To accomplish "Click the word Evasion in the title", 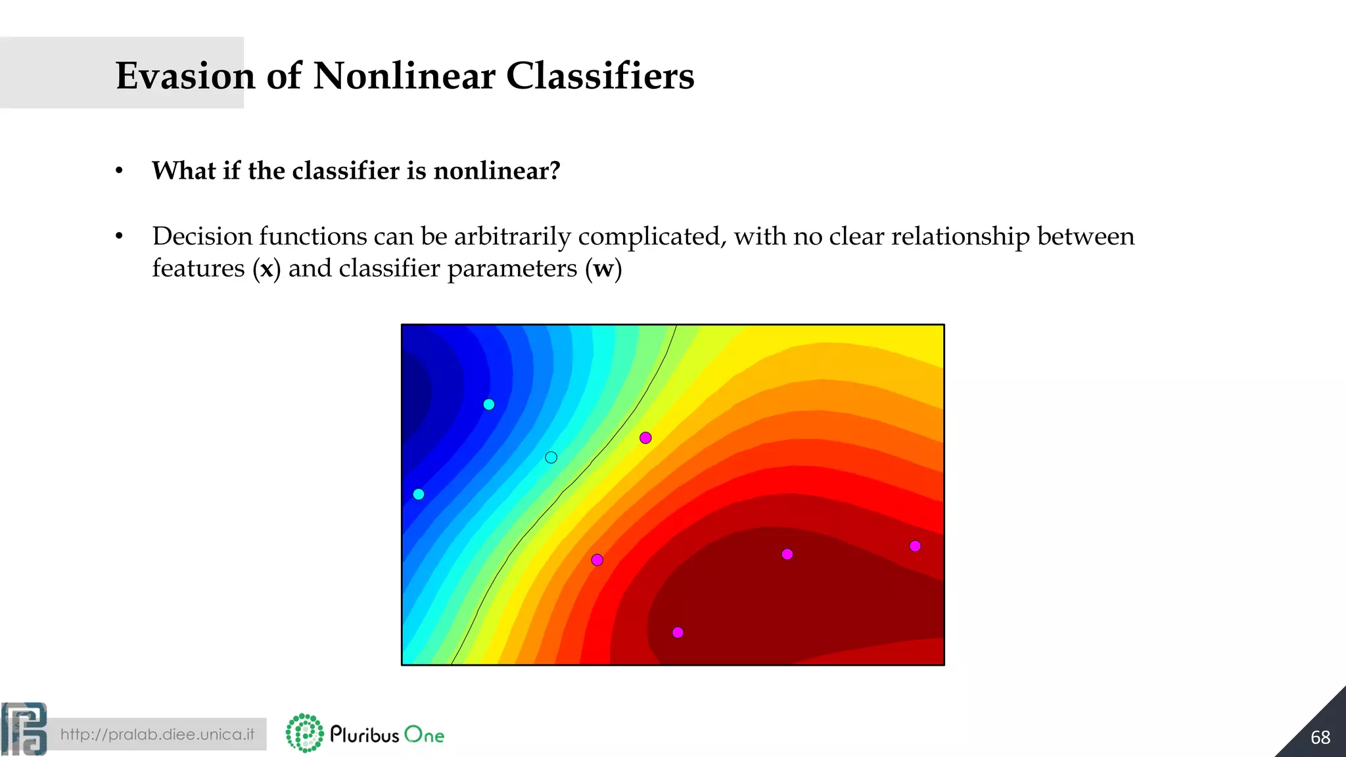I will (x=185, y=76).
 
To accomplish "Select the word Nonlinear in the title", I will (x=404, y=76).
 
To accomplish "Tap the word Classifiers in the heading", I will (x=599, y=76).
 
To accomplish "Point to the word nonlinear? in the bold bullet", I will (x=497, y=171).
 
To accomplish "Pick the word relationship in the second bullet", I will (x=960, y=237).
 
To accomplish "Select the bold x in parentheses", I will (x=266, y=269).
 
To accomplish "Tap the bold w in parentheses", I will (x=603, y=269).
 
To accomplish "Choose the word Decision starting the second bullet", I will (x=202, y=237).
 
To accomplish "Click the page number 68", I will (x=1320, y=737).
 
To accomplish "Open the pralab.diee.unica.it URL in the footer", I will (x=157, y=734).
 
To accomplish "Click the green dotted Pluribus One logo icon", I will (x=305, y=733).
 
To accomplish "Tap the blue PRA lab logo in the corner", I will (x=24, y=729).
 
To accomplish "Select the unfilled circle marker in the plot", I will (x=551, y=457).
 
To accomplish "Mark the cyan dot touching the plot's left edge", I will (x=419, y=494).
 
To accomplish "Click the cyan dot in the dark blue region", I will (x=489, y=405).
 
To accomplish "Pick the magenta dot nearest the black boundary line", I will (x=645, y=438).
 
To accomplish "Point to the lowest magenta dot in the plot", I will (x=678, y=632).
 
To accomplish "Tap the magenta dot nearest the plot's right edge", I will (x=915, y=546).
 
